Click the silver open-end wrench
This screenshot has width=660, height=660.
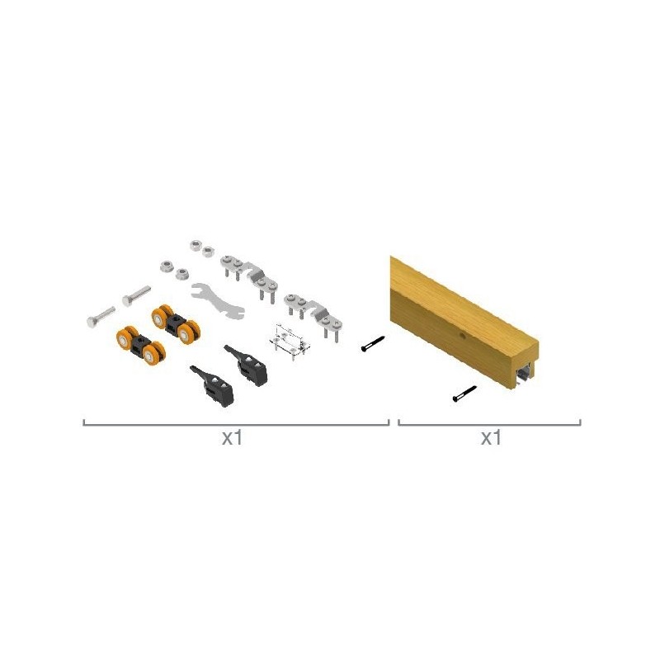(218, 301)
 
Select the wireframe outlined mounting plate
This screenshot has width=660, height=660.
(290, 342)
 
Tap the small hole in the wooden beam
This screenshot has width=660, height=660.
(462, 336)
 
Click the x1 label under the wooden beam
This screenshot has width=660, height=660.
(491, 438)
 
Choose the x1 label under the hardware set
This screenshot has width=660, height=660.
(233, 438)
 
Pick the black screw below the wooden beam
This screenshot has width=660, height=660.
(464, 394)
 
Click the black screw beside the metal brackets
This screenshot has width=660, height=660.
(374, 343)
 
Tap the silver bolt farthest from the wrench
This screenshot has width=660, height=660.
(101, 317)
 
